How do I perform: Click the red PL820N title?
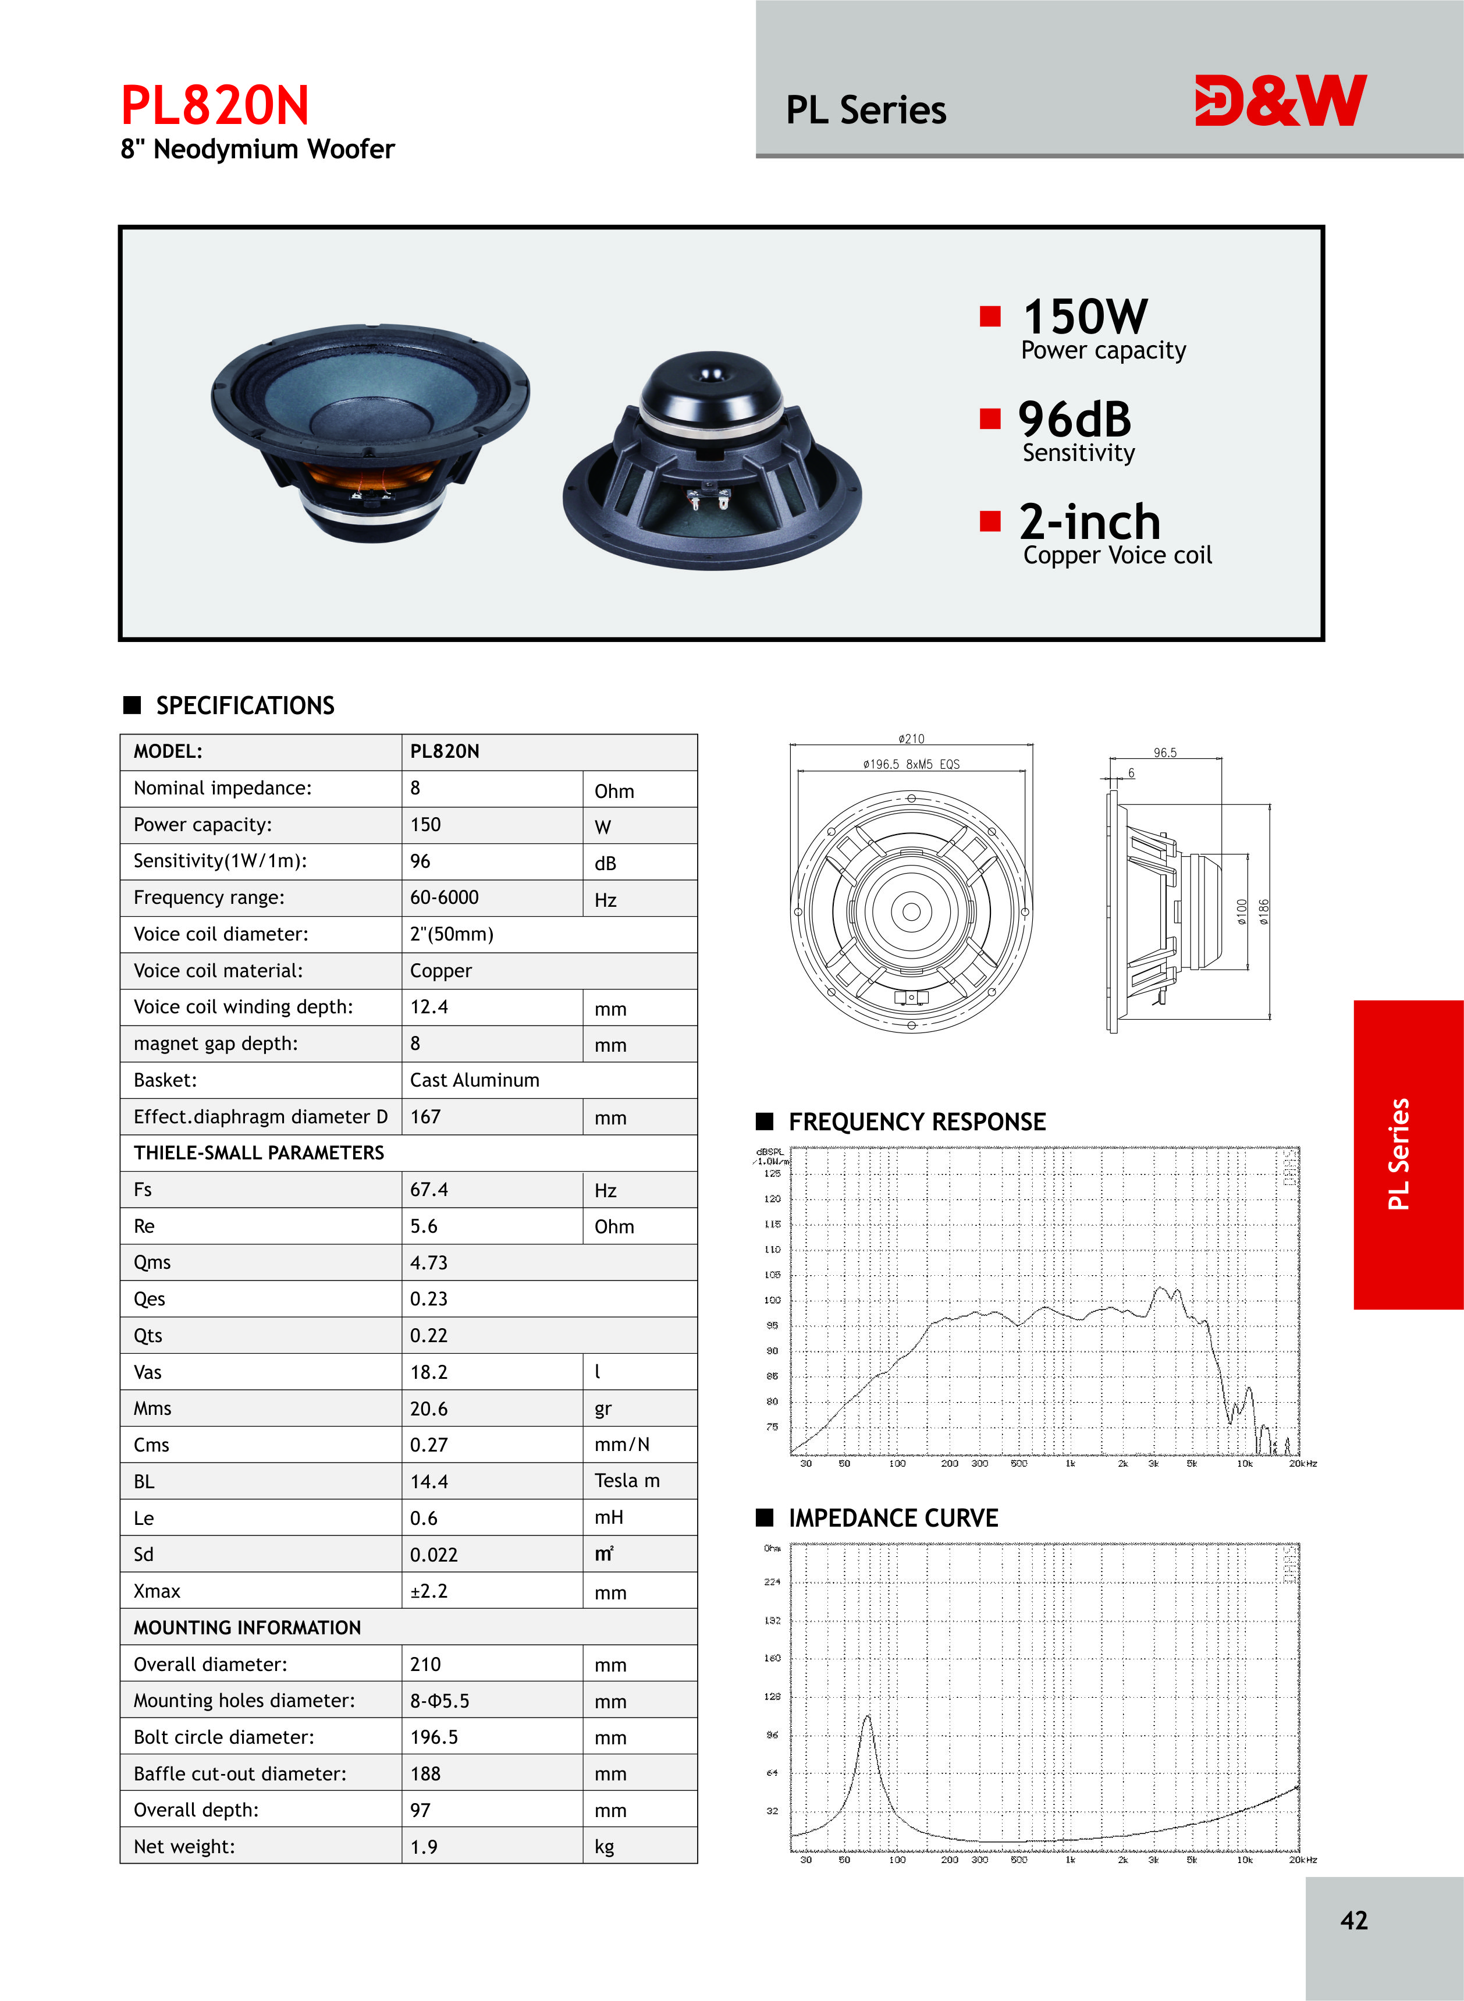pyautogui.click(x=215, y=105)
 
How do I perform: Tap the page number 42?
pyautogui.click(x=1353, y=1920)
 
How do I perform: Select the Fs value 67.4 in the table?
pyautogui.click(x=429, y=1189)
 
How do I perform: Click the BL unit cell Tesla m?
pyautogui.click(x=627, y=1481)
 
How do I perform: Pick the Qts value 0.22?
pyautogui.click(x=429, y=1336)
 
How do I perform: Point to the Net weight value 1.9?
pyautogui.click(x=424, y=1847)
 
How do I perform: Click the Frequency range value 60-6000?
pyautogui.click(x=444, y=897)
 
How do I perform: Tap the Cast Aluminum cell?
pyautogui.click(x=474, y=1080)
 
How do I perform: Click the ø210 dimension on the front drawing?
pyautogui.click(x=911, y=738)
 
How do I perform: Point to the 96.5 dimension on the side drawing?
pyautogui.click(x=1164, y=753)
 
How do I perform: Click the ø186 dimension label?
pyautogui.click(x=1264, y=912)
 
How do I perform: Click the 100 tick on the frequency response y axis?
pyautogui.click(x=772, y=1300)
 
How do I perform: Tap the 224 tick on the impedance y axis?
pyautogui.click(x=772, y=1582)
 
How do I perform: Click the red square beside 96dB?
pyautogui.click(x=990, y=418)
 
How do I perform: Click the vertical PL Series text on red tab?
pyautogui.click(x=1398, y=1154)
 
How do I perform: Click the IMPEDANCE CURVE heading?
pyautogui.click(x=893, y=1518)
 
